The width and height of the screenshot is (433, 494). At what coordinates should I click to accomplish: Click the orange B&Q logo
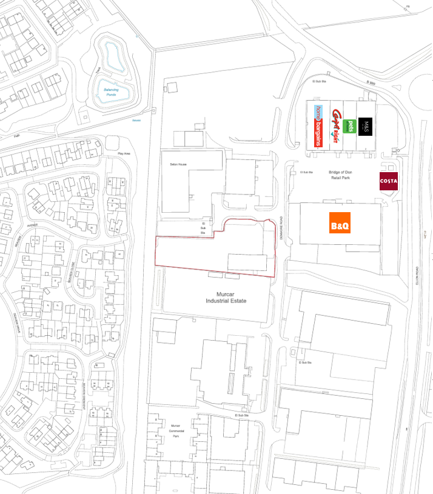point(340,222)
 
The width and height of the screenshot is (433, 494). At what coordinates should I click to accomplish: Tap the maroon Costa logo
point(389,181)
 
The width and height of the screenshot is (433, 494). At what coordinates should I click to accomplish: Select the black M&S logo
point(366,126)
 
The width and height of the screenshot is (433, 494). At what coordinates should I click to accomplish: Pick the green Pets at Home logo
point(348,126)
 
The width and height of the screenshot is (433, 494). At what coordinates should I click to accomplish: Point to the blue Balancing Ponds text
point(110,92)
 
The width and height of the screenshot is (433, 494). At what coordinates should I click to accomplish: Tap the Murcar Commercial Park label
point(176,431)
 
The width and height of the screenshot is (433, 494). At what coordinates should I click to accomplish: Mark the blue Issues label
point(136,121)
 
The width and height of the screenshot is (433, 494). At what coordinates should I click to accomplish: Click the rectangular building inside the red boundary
point(247,262)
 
